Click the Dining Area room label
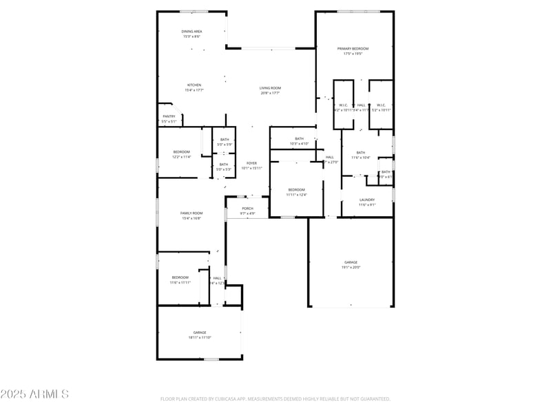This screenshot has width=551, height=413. coord(191,31)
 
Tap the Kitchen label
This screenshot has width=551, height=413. coord(194,85)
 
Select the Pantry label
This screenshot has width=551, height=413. coord(169,116)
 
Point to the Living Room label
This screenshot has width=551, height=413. coord(270,87)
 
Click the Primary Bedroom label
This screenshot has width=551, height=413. coord(353,48)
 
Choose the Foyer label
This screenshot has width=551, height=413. coord(251,162)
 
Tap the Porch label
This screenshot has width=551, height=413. coord(247,208)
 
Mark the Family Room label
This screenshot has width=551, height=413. coord(191,213)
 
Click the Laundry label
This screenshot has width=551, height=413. coord(367,200)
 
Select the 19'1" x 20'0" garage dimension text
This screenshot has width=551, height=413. coord(351,267)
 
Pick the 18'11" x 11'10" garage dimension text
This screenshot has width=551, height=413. coord(200,337)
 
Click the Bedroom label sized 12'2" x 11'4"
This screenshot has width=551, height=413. coord(181,151)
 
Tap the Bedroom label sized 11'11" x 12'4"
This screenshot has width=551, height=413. coord(296,189)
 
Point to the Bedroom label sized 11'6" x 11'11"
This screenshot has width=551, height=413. coord(179,277)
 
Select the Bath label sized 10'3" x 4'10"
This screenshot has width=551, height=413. coord(299,138)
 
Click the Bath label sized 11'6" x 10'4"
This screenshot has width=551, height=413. coord(361,152)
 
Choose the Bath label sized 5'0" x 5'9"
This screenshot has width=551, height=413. coord(225,139)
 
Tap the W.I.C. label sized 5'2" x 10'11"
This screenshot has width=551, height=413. coord(381,105)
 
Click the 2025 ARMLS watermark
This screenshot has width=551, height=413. coord(34,394)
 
